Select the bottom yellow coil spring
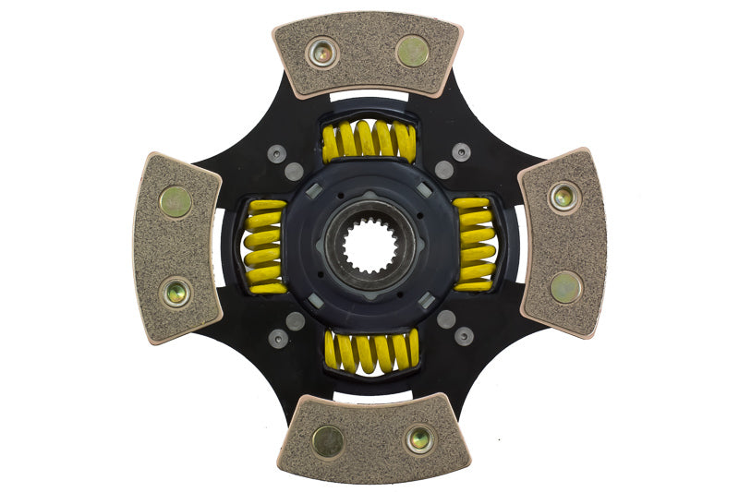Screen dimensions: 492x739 tap(370, 352)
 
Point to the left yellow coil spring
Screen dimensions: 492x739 tap(264, 246)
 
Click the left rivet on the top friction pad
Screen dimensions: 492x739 tap(322, 53)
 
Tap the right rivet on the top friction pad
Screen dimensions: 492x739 tap(412, 51)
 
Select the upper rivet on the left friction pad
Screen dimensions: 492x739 tap(176, 200)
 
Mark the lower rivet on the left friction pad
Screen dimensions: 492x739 tap(175, 292)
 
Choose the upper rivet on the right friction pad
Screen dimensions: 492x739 tap(563, 196)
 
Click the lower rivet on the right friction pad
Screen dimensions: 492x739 tap(565, 287)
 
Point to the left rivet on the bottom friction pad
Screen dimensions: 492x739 tap(328, 441)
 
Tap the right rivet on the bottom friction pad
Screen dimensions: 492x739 tap(419, 439)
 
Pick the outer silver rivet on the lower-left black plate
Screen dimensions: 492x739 tap(277, 338)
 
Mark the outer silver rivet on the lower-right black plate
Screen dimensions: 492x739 tap(464, 336)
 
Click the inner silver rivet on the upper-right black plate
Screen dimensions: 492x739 tap(444, 170)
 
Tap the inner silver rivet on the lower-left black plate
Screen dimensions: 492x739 tap(296, 320)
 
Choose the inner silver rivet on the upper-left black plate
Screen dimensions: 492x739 tap(294, 172)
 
